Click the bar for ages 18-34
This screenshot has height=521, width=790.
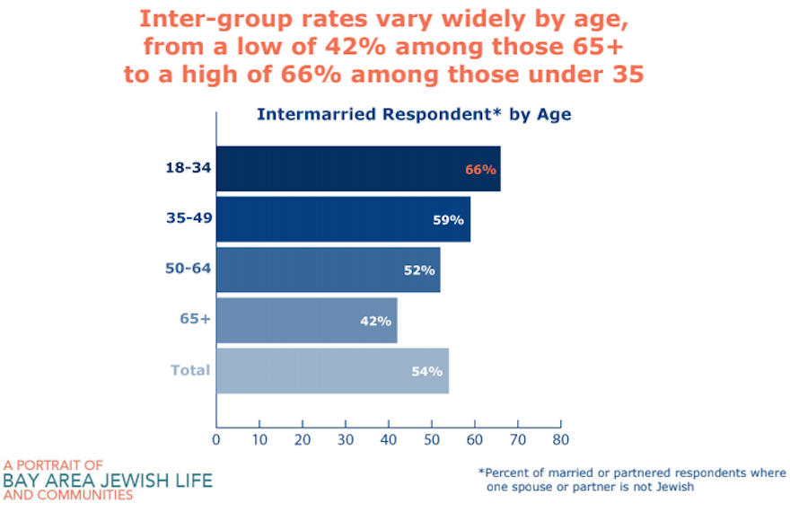tap(358, 169)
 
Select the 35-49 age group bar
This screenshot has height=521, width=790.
tap(344, 219)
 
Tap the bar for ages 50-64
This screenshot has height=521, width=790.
tap(329, 269)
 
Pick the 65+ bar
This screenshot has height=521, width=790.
tap(307, 321)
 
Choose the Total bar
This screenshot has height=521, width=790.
tap(332, 371)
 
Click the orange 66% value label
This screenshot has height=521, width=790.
tap(480, 170)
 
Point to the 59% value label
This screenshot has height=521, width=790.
tap(448, 220)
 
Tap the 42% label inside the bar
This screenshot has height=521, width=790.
tap(375, 321)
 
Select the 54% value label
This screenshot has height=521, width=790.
tap(426, 371)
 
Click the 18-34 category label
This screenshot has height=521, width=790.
tap(189, 167)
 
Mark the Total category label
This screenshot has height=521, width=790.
tap(190, 370)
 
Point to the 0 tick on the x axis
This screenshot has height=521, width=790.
tap(216, 440)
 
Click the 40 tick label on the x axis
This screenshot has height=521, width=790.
tap(389, 440)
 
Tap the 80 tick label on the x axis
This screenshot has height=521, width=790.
tap(561, 440)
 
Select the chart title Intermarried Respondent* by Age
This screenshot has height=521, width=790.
tap(414, 114)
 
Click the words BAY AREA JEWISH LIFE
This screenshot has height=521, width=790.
tap(108, 481)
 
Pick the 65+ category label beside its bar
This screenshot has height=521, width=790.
tap(195, 319)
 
